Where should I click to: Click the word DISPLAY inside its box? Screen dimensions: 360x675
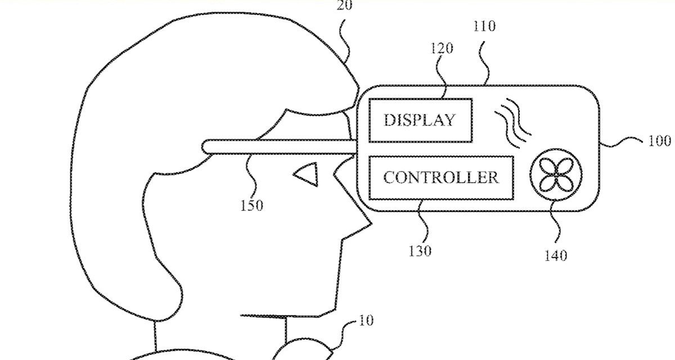(419, 120)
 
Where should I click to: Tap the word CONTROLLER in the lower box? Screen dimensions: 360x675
(441, 178)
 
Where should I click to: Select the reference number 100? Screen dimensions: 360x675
(659, 141)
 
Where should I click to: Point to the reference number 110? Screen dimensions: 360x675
(484, 26)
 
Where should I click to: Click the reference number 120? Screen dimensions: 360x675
(442, 48)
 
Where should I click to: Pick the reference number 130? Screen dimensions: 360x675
(420, 251)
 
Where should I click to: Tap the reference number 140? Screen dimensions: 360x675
(555, 256)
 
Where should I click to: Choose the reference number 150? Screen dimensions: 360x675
(251, 205)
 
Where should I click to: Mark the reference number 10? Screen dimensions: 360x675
(365, 321)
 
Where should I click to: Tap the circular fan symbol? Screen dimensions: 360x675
(555, 174)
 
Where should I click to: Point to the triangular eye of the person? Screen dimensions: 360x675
(307, 174)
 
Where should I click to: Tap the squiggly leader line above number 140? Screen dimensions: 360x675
(557, 228)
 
